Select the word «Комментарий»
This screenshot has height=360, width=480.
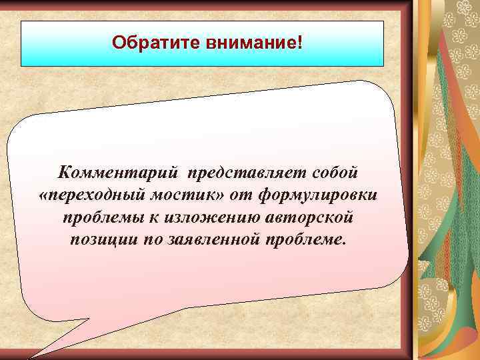point(118,173)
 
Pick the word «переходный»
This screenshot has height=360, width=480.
point(93,195)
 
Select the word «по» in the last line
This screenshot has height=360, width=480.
point(151,239)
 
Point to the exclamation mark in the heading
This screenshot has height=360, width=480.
point(299,43)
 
